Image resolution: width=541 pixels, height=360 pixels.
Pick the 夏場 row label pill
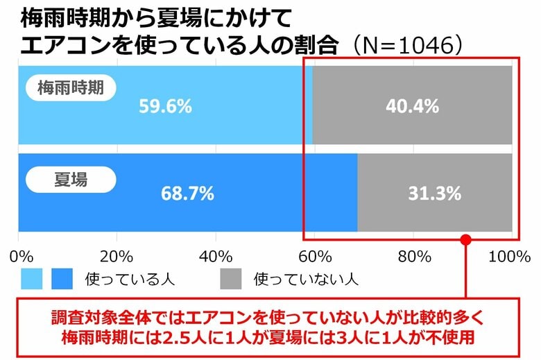71,180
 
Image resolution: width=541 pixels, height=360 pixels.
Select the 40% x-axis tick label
215,256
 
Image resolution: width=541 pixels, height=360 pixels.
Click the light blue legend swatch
31,279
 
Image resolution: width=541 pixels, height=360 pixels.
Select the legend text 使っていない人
305,279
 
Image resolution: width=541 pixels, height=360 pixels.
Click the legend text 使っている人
129,279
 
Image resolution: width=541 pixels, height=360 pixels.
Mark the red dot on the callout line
466,240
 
